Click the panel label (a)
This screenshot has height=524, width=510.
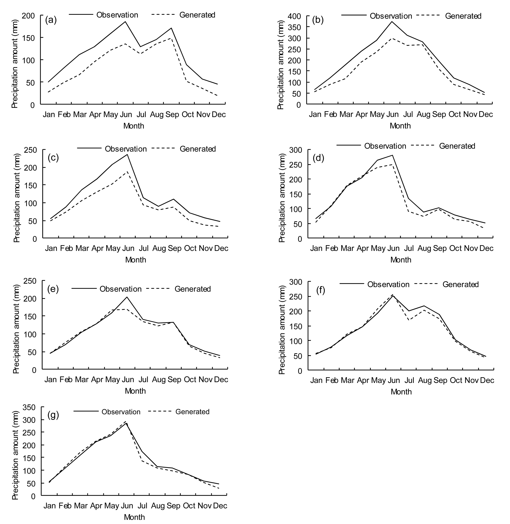coord(51,20)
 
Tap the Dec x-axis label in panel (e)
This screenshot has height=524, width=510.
coord(221,380)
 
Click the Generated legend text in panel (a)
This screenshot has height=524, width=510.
coord(197,15)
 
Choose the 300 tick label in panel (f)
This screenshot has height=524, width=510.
coord(295,282)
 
